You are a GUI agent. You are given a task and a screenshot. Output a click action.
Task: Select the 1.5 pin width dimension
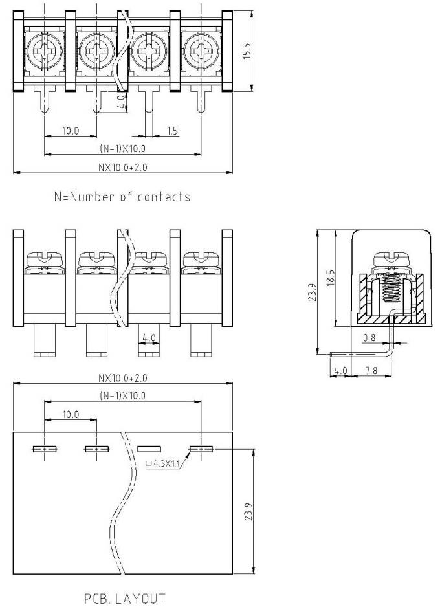click(173, 131)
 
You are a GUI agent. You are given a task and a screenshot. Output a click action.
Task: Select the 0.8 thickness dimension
click(369, 337)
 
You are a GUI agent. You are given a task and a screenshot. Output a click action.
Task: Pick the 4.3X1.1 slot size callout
click(164, 463)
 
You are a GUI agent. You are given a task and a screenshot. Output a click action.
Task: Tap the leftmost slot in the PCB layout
click(43, 448)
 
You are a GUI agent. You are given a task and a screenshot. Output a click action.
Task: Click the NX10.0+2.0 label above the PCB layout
click(122, 378)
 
